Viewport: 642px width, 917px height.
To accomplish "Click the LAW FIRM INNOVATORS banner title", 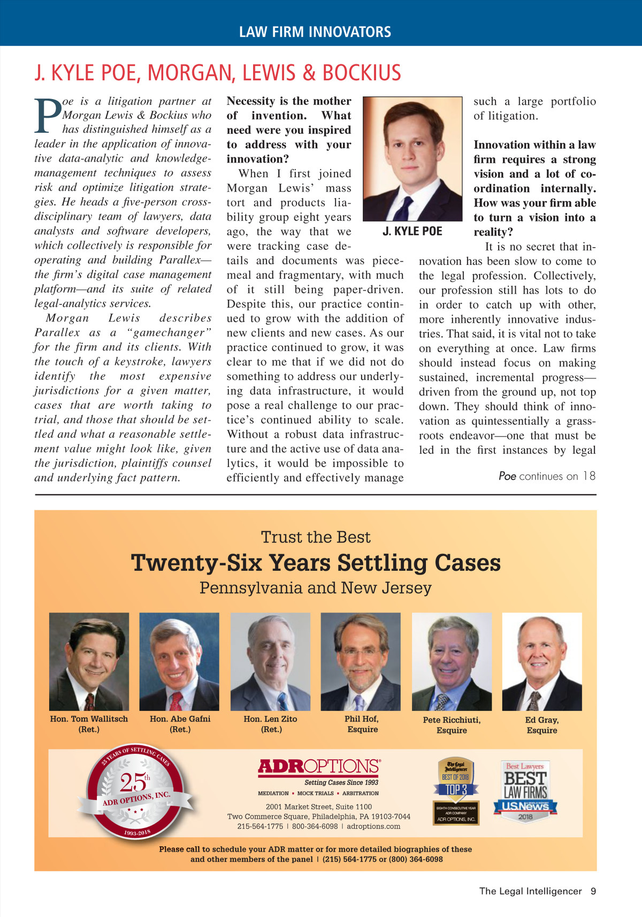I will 315,32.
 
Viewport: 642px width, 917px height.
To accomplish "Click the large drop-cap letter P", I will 48,115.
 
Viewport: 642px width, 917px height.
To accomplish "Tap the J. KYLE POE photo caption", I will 412,231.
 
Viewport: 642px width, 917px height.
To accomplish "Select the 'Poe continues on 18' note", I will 547,476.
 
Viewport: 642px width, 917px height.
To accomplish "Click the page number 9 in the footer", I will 593,891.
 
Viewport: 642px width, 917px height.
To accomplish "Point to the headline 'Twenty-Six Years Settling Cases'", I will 316,563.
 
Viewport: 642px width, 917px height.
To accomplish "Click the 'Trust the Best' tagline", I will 316,537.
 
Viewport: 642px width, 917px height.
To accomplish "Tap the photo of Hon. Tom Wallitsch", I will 89,661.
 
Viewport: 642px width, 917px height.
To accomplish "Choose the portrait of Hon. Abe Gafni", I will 179,661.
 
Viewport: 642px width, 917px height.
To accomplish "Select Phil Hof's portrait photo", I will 361,661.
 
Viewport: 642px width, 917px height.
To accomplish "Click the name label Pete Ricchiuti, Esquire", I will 452,725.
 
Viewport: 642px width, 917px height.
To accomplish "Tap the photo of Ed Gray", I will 542,661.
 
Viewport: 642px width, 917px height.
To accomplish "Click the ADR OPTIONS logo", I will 319,767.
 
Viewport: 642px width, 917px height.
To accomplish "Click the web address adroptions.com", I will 373,826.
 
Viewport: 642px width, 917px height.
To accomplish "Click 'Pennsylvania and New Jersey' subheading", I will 316,587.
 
